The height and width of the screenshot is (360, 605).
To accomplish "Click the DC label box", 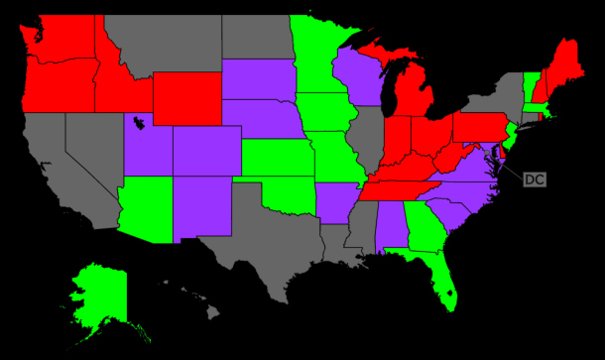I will (x=534, y=180).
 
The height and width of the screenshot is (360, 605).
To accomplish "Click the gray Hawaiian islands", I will (x=203, y=303).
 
